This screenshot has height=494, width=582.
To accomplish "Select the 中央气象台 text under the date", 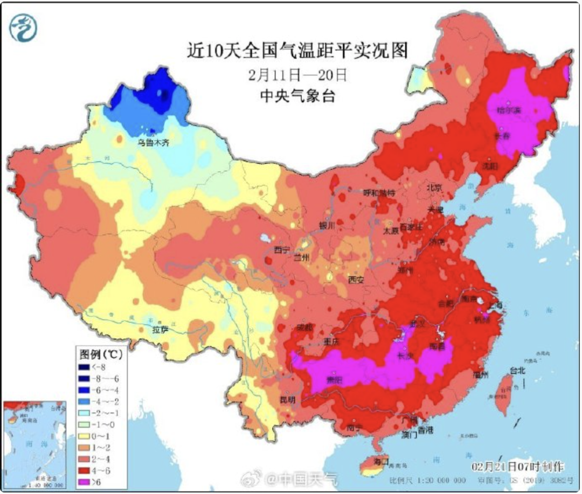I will pyautogui.click(x=297, y=96).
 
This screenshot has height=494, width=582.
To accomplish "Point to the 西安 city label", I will pyautogui.click(x=356, y=280).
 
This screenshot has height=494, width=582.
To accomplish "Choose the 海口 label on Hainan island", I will pyautogui.click(x=382, y=462).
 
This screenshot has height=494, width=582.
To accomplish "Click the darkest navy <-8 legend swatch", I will pyautogui.click(x=84, y=367).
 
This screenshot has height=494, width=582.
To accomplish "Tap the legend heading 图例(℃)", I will pyautogui.click(x=101, y=354).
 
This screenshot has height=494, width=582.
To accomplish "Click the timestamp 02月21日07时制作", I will pyautogui.click(x=517, y=465).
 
